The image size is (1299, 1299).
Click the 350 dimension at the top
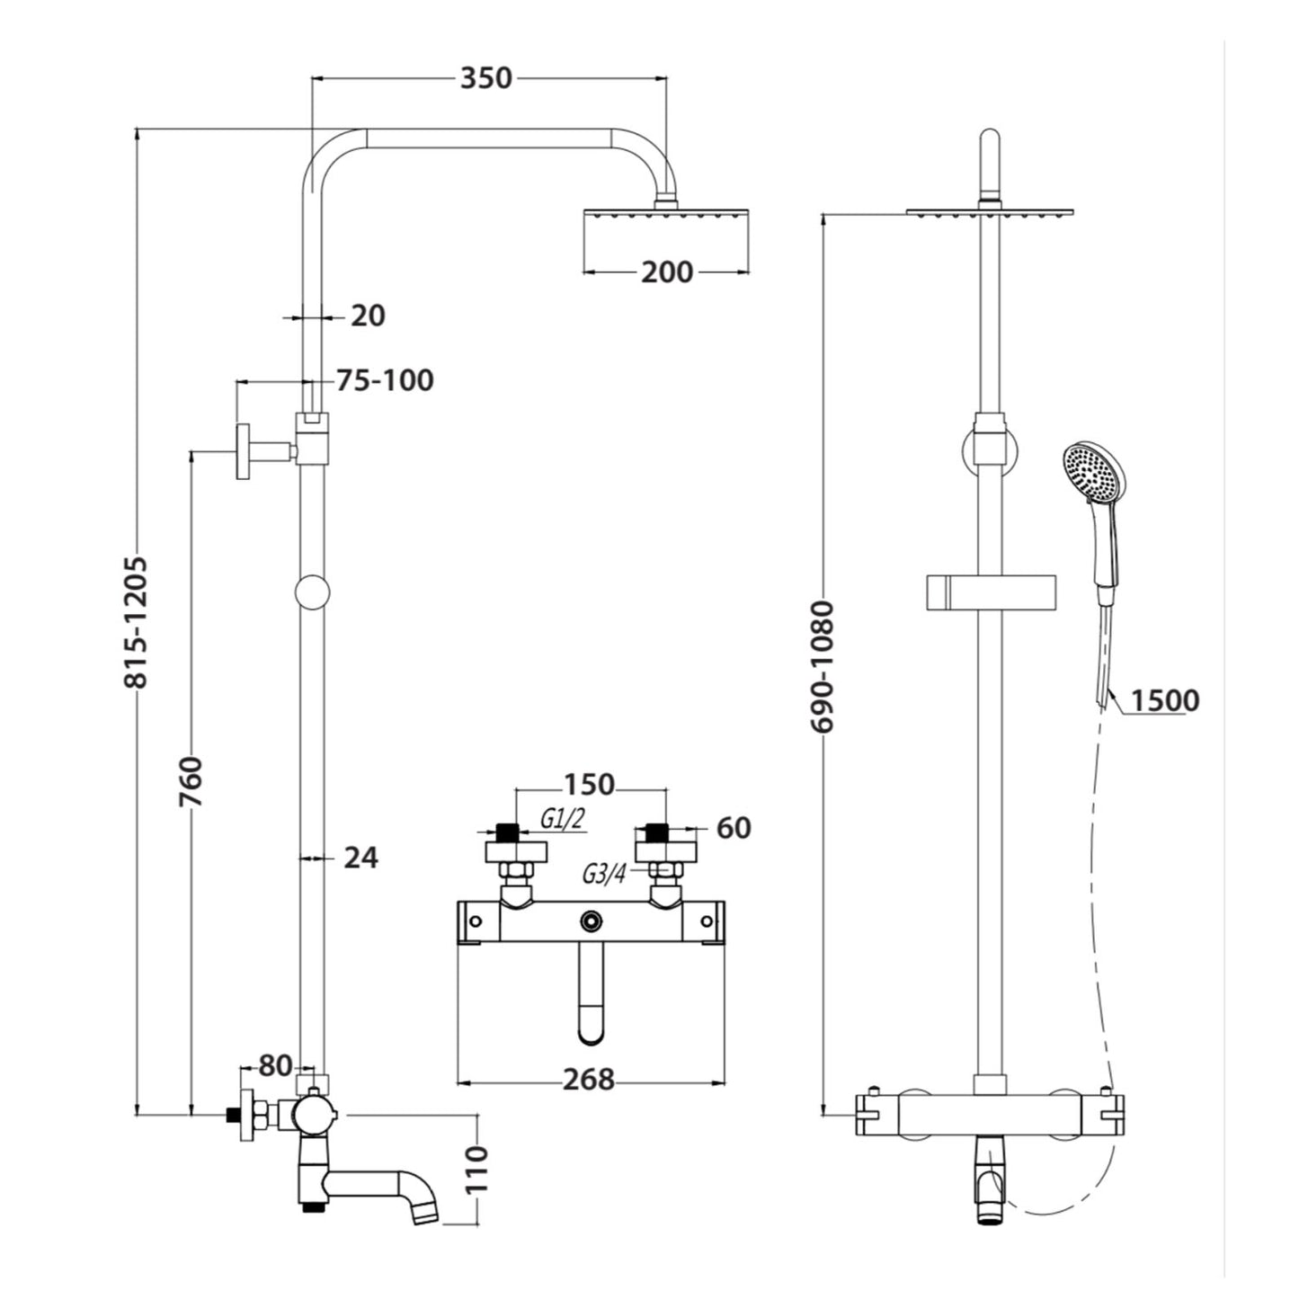(x=485, y=78)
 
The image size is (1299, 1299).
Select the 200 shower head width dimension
(x=666, y=271)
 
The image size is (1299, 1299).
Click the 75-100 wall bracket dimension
(x=385, y=380)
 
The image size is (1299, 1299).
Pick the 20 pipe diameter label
(x=367, y=316)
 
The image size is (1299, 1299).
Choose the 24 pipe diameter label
(x=360, y=858)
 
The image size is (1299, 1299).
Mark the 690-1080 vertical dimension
(x=823, y=666)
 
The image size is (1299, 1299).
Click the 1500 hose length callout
(x=1165, y=699)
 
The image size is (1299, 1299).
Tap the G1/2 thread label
(x=563, y=818)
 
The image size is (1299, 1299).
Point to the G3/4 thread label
(x=604, y=873)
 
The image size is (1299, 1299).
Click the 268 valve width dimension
(x=589, y=1079)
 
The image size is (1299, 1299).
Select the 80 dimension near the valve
(x=275, y=1066)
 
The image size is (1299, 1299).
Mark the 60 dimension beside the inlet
(x=734, y=827)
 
